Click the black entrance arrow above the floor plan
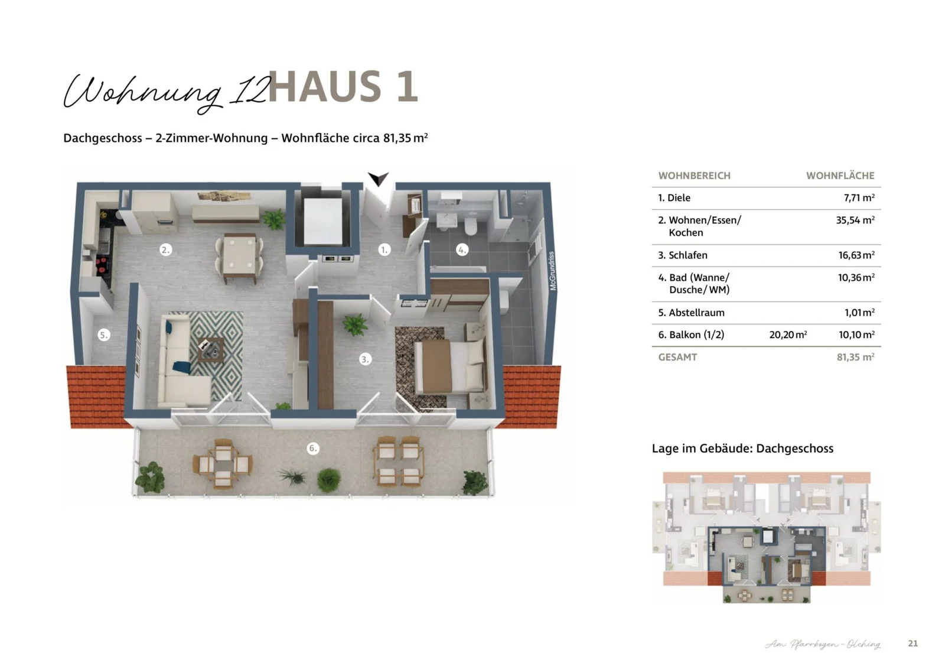pyautogui.click(x=378, y=178)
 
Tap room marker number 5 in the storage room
pyautogui.click(x=103, y=335)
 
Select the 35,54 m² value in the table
pyautogui.click(x=855, y=220)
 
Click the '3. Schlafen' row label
pyautogui.click(x=682, y=255)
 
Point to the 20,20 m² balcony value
pyautogui.click(x=788, y=334)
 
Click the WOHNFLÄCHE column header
pyautogui.click(x=840, y=176)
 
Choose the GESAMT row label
pyautogui.click(x=677, y=357)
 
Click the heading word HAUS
pyautogui.click(x=325, y=87)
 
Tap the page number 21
pyautogui.click(x=913, y=643)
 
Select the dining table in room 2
pyautogui.click(x=239, y=257)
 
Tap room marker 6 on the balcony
pyautogui.click(x=313, y=448)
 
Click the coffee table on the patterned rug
pyautogui.click(x=210, y=349)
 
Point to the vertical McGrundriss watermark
pyautogui.click(x=552, y=271)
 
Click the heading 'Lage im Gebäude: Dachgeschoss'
pyautogui.click(x=742, y=449)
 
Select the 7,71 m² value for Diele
pyautogui.click(x=859, y=198)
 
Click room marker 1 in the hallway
pyautogui.click(x=384, y=250)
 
